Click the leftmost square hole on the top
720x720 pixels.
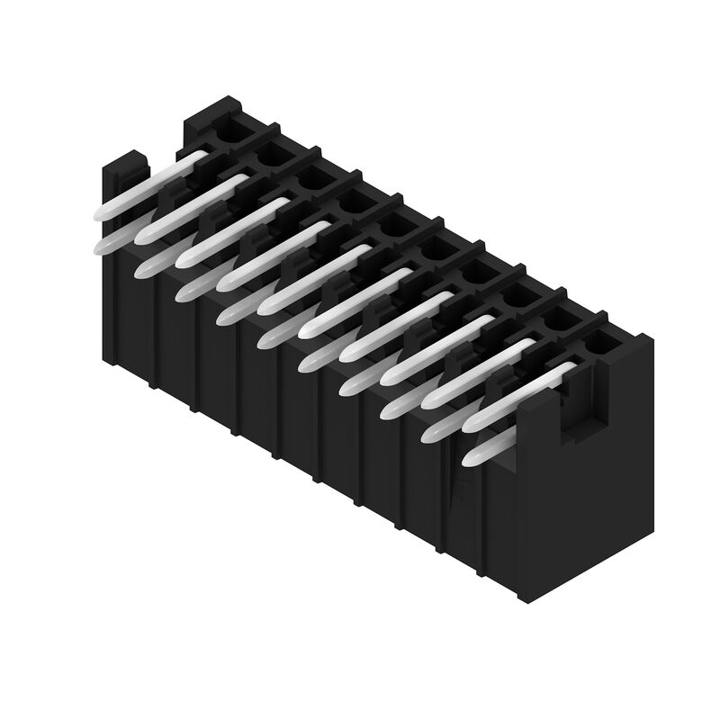pos(225,132)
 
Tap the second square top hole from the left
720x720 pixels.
pos(268,157)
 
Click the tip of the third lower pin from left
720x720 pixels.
pos(185,291)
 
